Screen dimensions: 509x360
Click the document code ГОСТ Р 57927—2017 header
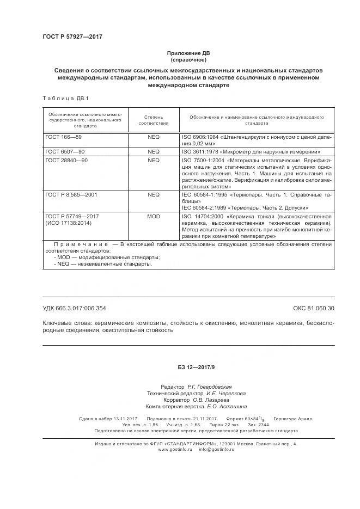point(72,36)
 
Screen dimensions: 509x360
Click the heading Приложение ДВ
point(188,53)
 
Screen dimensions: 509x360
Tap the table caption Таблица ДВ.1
point(61,98)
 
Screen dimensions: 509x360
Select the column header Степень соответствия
point(154,120)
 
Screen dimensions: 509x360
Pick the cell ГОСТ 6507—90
point(65,151)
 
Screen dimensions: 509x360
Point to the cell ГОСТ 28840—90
point(66,161)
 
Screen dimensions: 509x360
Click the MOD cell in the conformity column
point(154,216)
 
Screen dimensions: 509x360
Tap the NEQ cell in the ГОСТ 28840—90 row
point(154,161)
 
